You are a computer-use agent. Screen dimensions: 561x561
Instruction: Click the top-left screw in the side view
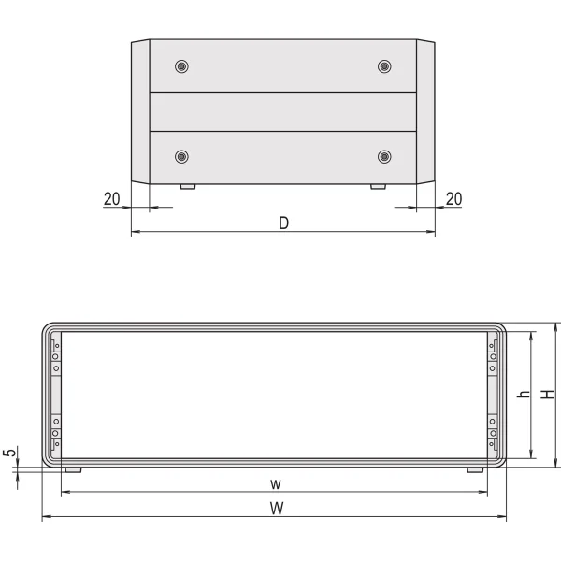point(181,66)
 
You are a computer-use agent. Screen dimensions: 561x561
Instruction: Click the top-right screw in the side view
point(384,66)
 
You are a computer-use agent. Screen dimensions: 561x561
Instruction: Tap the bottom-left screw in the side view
point(181,157)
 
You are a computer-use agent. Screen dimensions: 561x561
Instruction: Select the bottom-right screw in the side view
point(384,157)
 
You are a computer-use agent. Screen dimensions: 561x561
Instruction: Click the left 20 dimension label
point(111,199)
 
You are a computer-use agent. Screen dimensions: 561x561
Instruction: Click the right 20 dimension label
point(453,199)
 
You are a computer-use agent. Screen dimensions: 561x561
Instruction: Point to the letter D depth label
point(283,223)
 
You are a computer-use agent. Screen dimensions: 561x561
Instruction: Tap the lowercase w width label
point(276,484)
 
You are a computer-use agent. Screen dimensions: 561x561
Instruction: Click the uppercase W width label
point(277,508)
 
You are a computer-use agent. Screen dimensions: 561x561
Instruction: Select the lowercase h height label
point(524,394)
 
